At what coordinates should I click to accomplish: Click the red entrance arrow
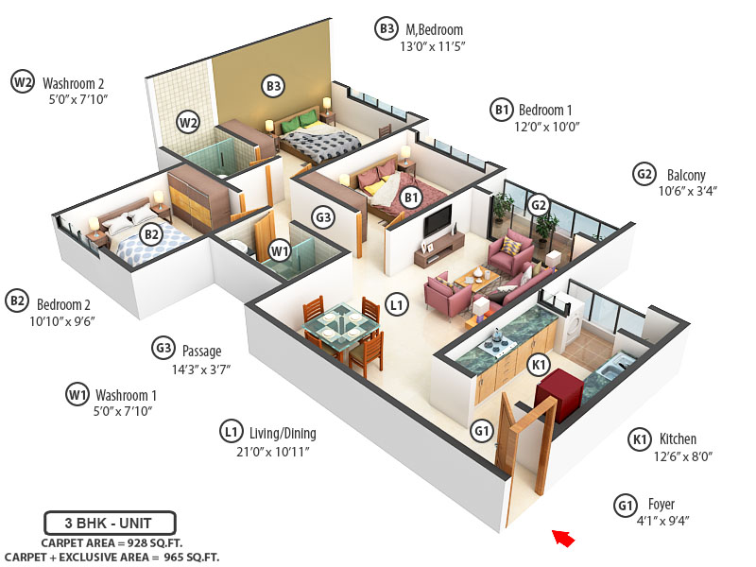[x=563, y=539]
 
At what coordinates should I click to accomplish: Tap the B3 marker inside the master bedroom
[x=273, y=87]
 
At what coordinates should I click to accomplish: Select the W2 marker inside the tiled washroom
[x=189, y=122]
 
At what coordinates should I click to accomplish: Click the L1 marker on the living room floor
[x=397, y=305]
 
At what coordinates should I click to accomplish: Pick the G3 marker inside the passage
[x=324, y=217]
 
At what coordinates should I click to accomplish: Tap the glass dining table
[x=341, y=327]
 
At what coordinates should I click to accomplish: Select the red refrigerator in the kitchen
[x=557, y=388]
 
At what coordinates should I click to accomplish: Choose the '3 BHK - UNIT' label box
[x=110, y=522]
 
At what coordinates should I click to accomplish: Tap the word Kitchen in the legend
[x=678, y=438]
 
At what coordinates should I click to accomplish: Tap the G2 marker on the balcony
[x=539, y=204]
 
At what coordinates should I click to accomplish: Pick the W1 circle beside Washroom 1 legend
[x=77, y=394]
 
